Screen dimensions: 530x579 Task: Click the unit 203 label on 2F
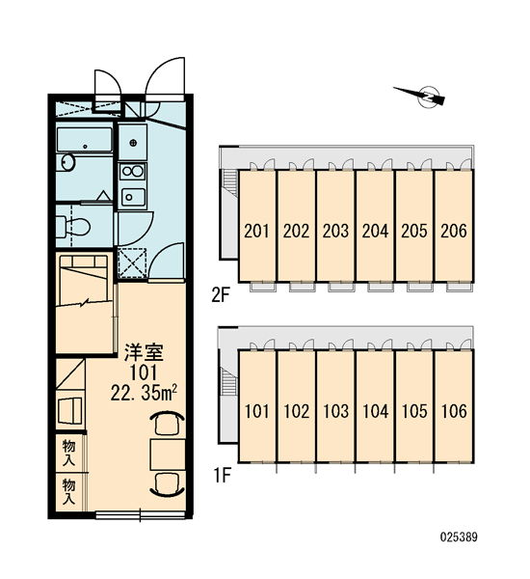pyautogui.click(x=335, y=231)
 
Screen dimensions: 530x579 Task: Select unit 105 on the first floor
pyautogui.click(x=414, y=406)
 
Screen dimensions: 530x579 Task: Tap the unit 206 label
pyautogui.click(x=454, y=231)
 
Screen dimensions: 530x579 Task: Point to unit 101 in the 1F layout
pyautogui.click(x=257, y=406)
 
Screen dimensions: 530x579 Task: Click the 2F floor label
pyautogui.click(x=221, y=295)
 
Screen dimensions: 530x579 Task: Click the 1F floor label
pyautogui.click(x=222, y=475)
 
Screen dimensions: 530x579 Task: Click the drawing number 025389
pyautogui.click(x=459, y=537)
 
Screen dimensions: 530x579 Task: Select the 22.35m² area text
pyautogui.click(x=144, y=394)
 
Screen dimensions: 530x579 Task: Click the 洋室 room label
pyautogui.click(x=144, y=352)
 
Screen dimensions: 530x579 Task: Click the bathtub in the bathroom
pyautogui.click(x=85, y=140)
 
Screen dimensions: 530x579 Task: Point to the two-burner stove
pyautogui.click(x=133, y=171)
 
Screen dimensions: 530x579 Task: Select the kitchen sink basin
pyautogui.click(x=133, y=197)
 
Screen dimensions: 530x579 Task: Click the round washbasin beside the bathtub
pyautogui.click(x=67, y=162)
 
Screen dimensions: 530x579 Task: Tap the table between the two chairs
pyautogui.click(x=168, y=455)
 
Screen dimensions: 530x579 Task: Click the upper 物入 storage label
pyautogui.click(x=69, y=453)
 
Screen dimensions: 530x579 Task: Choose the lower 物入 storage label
pyautogui.click(x=69, y=491)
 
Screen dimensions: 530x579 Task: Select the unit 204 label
pyautogui.click(x=375, y=231)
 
